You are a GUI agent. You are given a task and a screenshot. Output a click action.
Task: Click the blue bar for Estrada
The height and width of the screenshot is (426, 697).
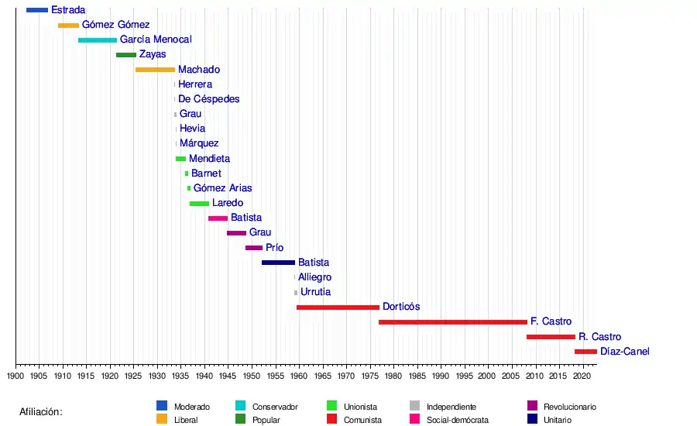37,10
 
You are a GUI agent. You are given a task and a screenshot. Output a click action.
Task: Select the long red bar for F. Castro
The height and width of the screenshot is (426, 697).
452,322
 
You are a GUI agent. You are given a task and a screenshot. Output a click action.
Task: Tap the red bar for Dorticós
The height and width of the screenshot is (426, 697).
338,307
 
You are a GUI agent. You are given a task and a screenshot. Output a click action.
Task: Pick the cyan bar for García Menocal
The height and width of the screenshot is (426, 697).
98,40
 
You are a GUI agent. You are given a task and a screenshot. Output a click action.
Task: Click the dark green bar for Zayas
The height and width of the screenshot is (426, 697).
126,55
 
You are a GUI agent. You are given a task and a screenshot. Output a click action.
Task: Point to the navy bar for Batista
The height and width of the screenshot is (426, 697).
278,263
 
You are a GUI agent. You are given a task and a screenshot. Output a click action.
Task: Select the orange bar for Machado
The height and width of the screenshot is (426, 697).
155,70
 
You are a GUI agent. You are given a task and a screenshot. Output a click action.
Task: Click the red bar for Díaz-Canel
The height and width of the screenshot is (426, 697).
585,352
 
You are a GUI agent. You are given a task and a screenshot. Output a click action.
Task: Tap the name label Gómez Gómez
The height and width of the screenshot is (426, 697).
116,25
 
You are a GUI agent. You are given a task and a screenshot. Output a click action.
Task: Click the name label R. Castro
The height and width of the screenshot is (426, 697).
599,337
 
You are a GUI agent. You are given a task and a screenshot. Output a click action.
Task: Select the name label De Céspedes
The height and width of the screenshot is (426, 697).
208,99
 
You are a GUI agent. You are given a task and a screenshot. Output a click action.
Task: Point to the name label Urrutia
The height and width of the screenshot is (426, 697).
316,292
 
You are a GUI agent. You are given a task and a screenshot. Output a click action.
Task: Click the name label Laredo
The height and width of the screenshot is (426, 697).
228,203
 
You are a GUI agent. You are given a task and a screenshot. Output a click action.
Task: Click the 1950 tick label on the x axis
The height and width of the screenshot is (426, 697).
252,376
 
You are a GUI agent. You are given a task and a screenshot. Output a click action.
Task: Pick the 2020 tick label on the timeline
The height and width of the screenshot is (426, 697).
582,376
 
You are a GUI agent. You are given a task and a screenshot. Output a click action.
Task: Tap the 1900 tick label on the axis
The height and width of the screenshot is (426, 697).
15,376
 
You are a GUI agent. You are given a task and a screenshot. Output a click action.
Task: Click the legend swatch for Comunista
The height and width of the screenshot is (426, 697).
332,420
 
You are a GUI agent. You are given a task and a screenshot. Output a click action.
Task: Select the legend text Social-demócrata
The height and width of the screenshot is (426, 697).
458,420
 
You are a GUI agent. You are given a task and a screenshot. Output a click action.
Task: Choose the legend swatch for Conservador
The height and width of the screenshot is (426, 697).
239,406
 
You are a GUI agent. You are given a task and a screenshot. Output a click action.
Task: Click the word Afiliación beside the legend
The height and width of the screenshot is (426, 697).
41,412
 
